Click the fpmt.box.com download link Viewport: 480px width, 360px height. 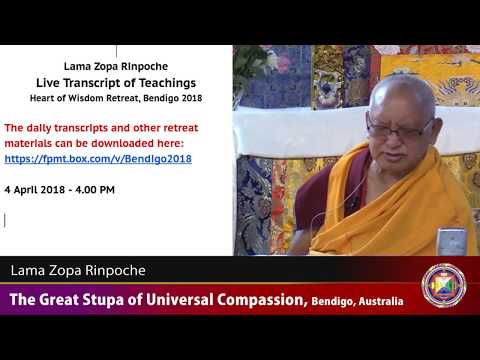pos(98,158)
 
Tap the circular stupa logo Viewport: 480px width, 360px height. pos(443,285)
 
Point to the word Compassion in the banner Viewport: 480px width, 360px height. pos(251,299)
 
